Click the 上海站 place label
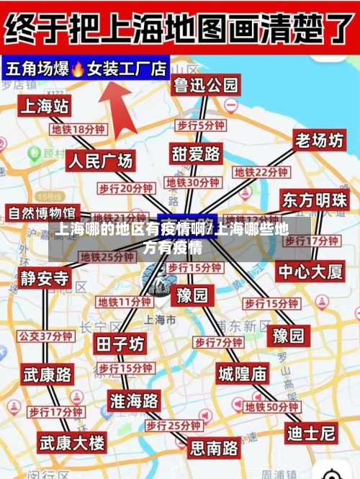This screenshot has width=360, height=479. [45, 107]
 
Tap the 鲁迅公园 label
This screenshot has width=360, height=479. [205, 85]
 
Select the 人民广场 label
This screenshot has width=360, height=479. [101, 160]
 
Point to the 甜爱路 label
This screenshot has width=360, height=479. [196, 153]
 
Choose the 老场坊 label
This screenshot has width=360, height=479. [319, 140]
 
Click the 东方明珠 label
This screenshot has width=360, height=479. [315, 200]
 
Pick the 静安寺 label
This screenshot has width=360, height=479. [45, 278]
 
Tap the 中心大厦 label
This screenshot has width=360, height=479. [311, 272]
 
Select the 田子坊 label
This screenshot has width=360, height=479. [120, 344]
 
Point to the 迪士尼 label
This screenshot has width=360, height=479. [311, 434]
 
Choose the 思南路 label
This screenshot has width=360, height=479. [214, 448]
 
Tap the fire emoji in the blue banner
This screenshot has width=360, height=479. [78, 69]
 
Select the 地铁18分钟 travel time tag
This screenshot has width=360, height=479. [78, 130]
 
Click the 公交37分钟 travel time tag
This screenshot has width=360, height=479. [45, 336]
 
